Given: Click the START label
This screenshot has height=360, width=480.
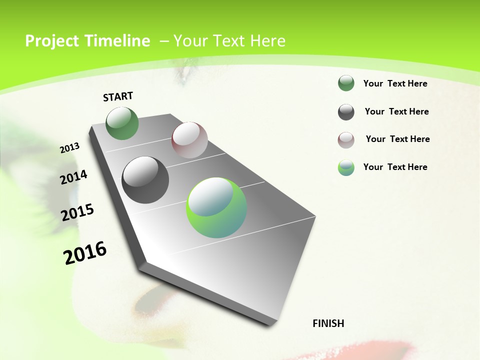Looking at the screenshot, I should click(x=118, y=96).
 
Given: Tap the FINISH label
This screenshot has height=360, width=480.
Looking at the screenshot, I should click(x=328, y=323).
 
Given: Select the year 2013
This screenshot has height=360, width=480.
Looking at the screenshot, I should click(x=69, y=148).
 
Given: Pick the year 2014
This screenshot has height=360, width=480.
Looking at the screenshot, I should click(x=73, y=177).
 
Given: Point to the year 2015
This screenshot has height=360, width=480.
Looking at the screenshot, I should click(x=77, y=212).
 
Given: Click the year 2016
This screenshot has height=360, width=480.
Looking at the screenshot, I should click(x=85, y=252).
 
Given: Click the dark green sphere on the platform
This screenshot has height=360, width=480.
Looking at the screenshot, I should click(x=122, y=123).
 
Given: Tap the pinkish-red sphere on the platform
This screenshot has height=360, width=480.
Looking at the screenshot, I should click(x=189, y=139).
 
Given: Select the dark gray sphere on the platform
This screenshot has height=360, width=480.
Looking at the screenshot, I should click(x=145, y=180).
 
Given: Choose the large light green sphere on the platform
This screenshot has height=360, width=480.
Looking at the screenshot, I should click(x=216, y=207).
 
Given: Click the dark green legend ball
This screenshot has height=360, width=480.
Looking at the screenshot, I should click(x=346, y=83).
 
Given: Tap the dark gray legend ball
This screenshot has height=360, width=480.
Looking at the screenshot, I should click(x=346, y=112).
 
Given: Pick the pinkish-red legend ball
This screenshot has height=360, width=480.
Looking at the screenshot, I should click(x=346, y=140).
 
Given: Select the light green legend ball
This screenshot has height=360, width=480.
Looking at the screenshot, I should click(x=346, y=167).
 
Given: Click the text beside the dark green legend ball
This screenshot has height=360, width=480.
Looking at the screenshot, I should click(x=395, y=84).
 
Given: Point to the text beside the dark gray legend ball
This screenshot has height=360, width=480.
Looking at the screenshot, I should click(x=396, y=111).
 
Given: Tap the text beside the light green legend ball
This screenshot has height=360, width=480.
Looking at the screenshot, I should click(x=395, y=167).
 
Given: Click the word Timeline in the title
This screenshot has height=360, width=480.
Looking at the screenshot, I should click(x=118, y=41).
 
